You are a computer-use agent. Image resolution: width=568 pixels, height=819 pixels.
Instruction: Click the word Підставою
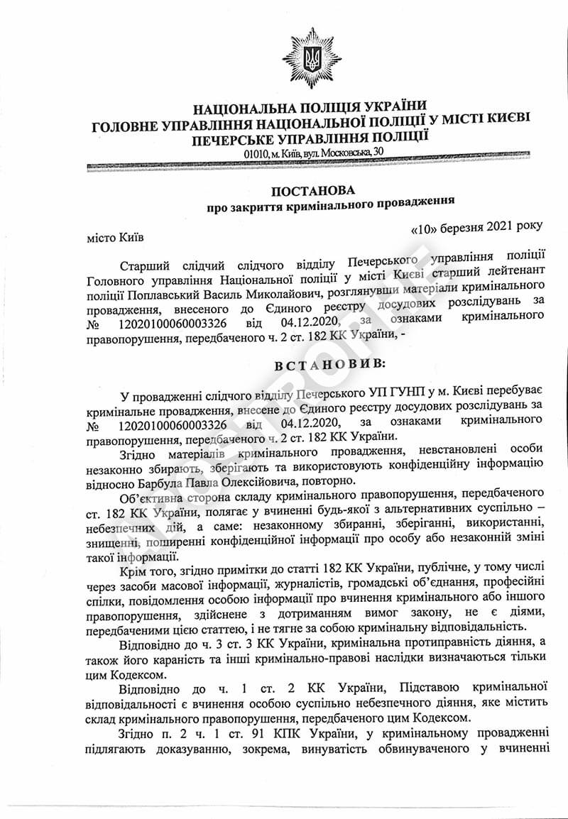tap(435, 688)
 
